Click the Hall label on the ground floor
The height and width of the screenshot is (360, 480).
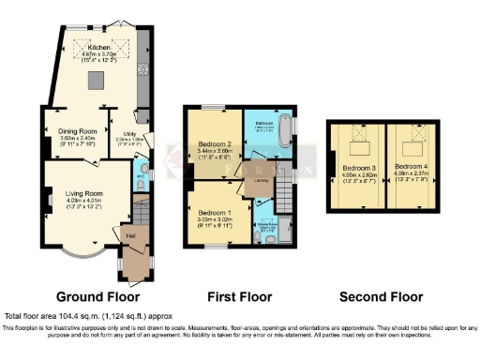coord(130,236)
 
